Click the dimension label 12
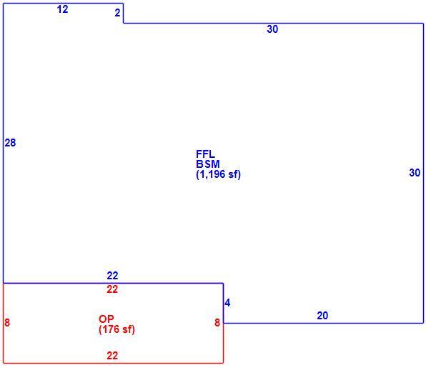tap(62, 9)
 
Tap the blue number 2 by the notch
tap(117, 13)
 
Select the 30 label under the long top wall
tap(272, 29)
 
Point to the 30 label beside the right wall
tap(415, 173)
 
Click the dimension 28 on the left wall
tap(10, 143)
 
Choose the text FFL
tap(205, 154)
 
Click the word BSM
tap(208, 164)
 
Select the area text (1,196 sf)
tap(219, 174)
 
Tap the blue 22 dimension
tap(112, 276)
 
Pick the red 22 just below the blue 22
tap(112, 289)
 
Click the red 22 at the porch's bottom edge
tap(112, 356)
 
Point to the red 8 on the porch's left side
tap(7, 322)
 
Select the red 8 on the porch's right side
tap(217, 322)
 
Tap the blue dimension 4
tap(228, 303)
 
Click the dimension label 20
tap(322, 316)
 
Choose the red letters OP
tap(106, 319)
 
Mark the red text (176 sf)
tap(117, 329)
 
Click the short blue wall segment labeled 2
tap(123, 14)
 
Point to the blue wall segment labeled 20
tap(323, 323)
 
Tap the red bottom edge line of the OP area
tap(114, 363)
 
